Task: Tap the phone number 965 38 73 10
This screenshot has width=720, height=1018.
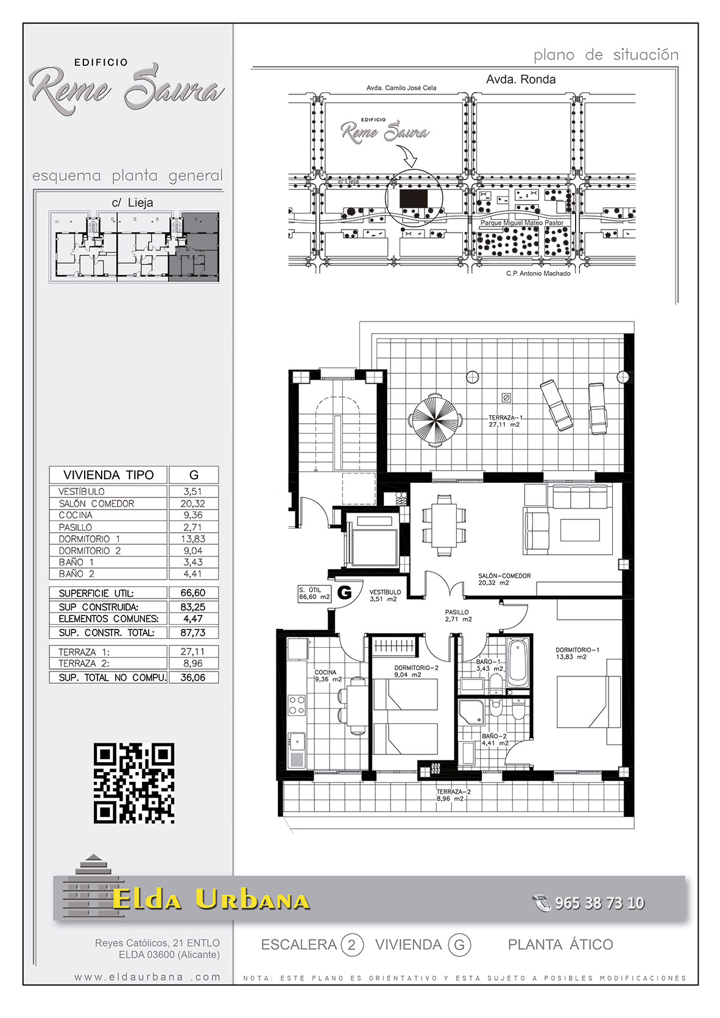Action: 599,902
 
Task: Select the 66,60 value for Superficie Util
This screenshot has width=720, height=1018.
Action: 192,592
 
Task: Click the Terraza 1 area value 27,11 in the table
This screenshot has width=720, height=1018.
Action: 192,651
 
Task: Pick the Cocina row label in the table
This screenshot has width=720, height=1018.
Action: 76,515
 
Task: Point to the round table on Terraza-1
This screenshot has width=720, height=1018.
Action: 436,420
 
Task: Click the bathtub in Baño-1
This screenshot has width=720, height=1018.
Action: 518,664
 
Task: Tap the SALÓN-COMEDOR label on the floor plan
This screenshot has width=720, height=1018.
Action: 504,576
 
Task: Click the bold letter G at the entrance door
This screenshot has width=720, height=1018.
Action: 345,592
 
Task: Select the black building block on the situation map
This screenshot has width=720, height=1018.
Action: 414,198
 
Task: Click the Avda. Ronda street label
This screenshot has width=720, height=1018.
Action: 521,80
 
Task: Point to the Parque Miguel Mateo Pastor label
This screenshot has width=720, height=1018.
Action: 522,223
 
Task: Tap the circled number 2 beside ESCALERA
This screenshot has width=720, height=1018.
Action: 351,946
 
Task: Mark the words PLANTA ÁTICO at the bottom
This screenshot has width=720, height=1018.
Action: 560,944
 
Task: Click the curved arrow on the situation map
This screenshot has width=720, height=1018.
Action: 408,155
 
